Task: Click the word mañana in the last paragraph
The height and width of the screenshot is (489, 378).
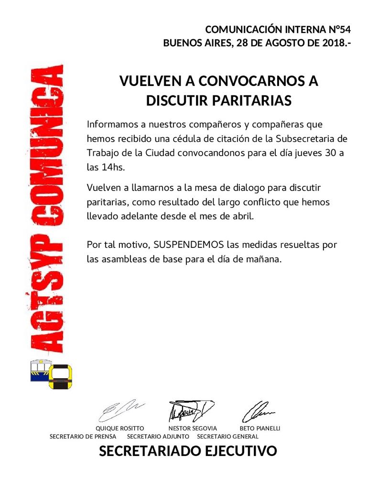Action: coord(267,259)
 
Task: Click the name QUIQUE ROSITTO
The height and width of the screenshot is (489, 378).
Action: coord(120,428)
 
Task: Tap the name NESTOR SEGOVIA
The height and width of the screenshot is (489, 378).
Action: coord(193,428)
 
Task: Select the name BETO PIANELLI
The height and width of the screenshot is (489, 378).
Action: coord(259,428)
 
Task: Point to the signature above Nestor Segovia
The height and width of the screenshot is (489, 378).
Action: coord(190,410)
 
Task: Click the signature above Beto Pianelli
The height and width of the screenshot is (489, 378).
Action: coord(258,410)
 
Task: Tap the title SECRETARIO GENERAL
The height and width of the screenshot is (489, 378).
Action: coord(227,436)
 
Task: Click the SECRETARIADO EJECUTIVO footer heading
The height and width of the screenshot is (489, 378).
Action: coord(188,451)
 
